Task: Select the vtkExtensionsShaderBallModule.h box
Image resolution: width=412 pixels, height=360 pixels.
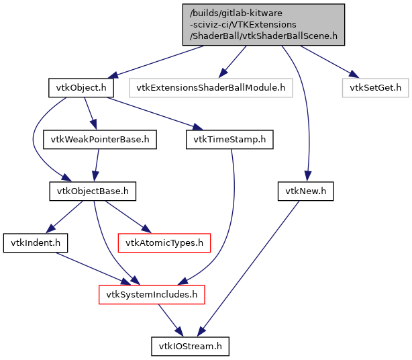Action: point(211,87)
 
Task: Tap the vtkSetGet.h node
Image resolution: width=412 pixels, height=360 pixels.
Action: point(375,87)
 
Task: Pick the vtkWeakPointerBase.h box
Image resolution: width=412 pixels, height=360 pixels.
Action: point(100,140)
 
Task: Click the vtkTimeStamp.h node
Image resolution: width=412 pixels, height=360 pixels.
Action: point(229,140)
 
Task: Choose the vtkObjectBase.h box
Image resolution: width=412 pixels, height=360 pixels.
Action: point(93,191)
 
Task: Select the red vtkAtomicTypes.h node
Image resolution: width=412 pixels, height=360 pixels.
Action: point(164,242)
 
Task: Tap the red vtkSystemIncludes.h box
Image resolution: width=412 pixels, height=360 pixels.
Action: point(152,294)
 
